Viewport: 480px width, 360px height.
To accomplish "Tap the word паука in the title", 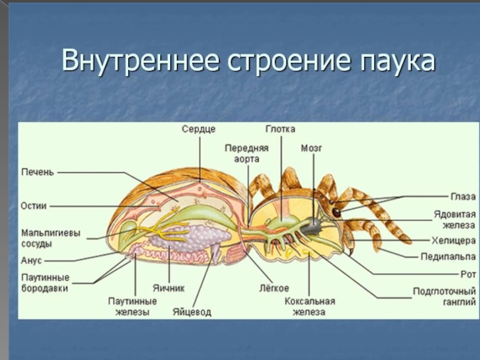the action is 395,62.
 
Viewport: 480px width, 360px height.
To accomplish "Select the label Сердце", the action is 199,129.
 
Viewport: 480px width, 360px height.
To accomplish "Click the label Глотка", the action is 281,129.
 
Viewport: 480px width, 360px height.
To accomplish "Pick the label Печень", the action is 38,172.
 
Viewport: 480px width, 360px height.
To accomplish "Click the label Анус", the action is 31,260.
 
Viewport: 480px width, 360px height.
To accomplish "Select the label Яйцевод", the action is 192,312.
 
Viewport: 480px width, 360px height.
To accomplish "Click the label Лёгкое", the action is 275,287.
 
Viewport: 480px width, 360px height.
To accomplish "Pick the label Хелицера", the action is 454,241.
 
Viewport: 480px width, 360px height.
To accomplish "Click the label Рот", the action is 469,274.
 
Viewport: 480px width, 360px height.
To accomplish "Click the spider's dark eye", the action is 337,212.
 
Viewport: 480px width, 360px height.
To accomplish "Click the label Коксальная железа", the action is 310,307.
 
